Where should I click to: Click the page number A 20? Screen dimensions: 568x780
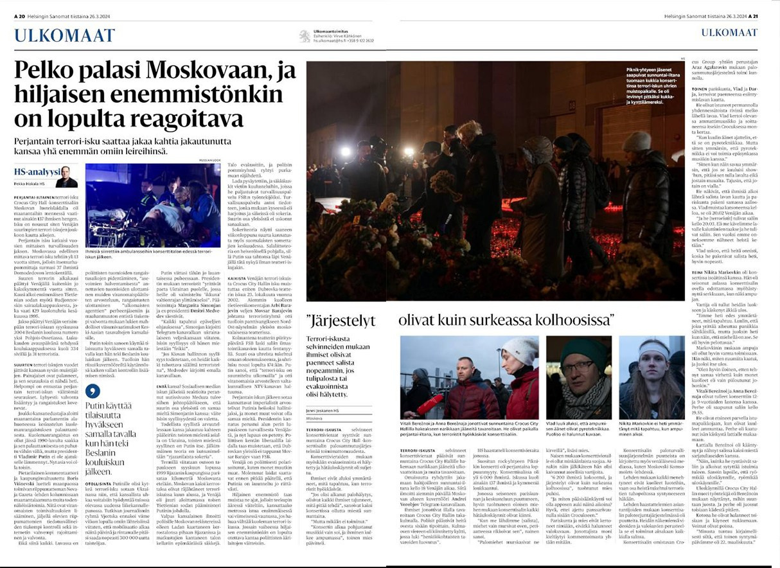pyautogui.click(x=21, y=15)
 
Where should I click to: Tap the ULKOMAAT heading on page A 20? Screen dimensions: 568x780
pyautogui.click(x=64, y=35)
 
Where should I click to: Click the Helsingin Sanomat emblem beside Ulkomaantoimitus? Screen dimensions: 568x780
pyautogui.click(x=305, y=37)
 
